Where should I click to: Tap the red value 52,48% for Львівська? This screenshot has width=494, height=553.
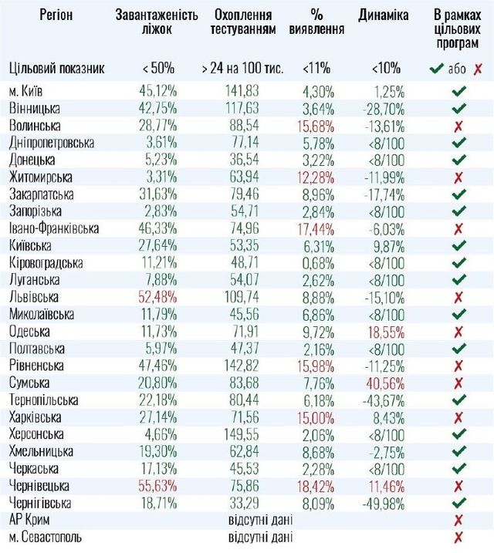[157, 296]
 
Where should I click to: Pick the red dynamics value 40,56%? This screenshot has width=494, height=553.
[384, 383]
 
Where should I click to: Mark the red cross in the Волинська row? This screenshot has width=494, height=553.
[458, 124]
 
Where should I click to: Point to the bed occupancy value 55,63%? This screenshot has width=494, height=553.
[157, 486]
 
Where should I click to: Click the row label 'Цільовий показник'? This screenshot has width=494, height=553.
[56, 69]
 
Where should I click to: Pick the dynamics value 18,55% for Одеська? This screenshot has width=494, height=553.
[384, 331]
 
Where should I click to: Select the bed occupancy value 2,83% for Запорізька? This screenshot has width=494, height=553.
[160, 210]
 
